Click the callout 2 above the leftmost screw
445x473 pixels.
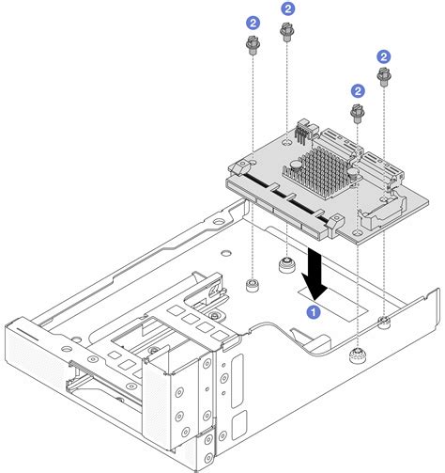point(252,21)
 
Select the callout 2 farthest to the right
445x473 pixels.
point(383,56)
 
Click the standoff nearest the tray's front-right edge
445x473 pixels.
point(357,355)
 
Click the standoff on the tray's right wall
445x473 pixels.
point(385,324)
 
